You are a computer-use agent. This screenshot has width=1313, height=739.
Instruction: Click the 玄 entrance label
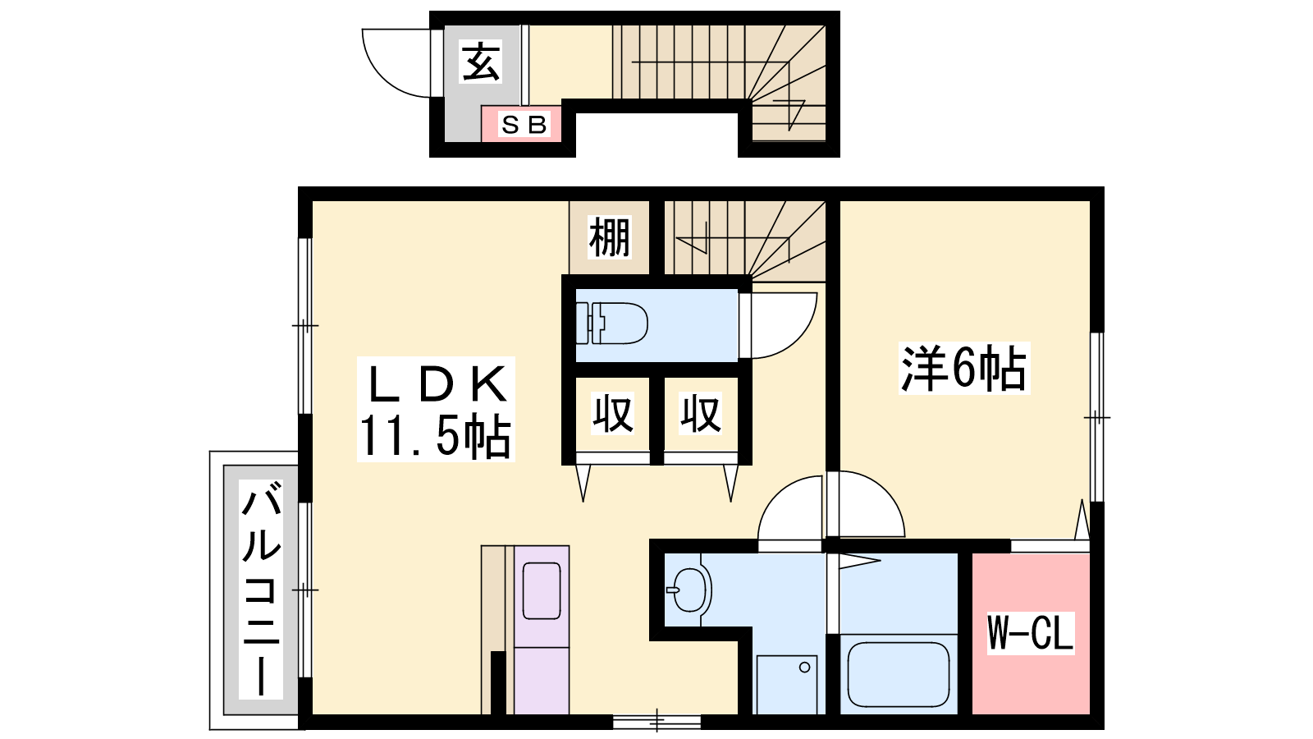(481, 62)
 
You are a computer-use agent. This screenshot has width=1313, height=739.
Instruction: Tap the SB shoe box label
(524, 124)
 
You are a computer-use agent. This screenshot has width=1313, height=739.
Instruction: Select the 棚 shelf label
(610, 237)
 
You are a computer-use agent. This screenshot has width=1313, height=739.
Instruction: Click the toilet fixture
(612, 324)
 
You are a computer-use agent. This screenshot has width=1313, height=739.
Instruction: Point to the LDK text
(436, 384)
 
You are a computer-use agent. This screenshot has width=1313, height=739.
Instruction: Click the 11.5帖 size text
(434, 436)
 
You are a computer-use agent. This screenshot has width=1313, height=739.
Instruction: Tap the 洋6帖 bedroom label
(964, 369)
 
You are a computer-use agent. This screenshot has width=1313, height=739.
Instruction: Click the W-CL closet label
(1031, 632)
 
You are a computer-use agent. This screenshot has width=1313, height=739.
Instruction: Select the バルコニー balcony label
(261, 589)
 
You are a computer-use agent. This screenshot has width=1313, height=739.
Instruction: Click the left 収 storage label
(612, 414)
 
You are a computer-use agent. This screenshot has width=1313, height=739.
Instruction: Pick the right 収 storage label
(700, 414)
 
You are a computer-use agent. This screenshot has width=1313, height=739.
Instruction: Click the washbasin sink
(689, 590)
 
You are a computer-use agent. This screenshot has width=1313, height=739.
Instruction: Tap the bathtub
(898, 674)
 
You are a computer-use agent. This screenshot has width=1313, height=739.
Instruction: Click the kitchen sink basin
(542, 590)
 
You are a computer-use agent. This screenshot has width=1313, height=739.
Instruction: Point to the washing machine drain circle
(804, 668)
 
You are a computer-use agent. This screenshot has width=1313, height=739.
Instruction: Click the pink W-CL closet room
(1031, 634)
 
